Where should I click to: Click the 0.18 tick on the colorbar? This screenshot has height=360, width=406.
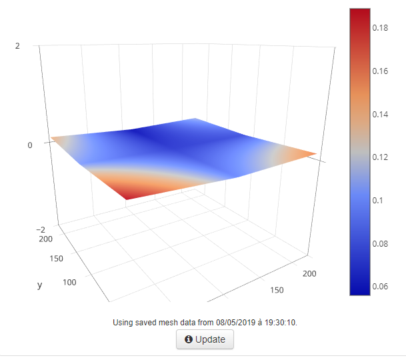point(381,28)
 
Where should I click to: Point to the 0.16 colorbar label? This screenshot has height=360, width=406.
point(381,71)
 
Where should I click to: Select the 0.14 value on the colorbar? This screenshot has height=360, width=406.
point(381,115)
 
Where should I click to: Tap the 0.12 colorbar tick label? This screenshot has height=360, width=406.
point(381,157)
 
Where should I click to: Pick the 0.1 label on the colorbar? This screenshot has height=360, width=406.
point(378,201)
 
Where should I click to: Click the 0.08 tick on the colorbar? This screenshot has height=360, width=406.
point(381,244)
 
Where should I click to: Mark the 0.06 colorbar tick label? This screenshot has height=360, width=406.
point(381,287)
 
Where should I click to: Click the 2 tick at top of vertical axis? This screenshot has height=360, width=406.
point(35,45)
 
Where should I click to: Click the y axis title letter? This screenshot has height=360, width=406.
point(40,285)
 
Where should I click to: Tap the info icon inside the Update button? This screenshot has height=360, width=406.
point(188,339)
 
